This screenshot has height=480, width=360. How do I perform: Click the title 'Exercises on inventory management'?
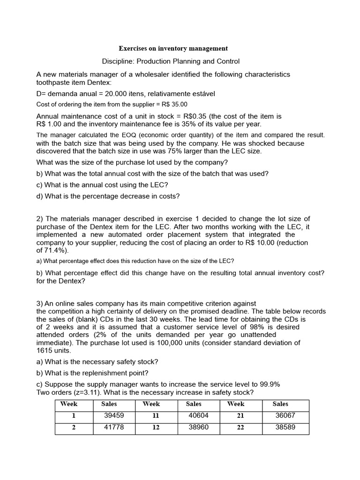[173, 48]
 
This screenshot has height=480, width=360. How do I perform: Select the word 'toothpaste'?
[53, 82]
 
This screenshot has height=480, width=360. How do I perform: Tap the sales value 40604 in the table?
[198, 416]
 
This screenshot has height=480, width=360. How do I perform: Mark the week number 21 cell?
[240, 416]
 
